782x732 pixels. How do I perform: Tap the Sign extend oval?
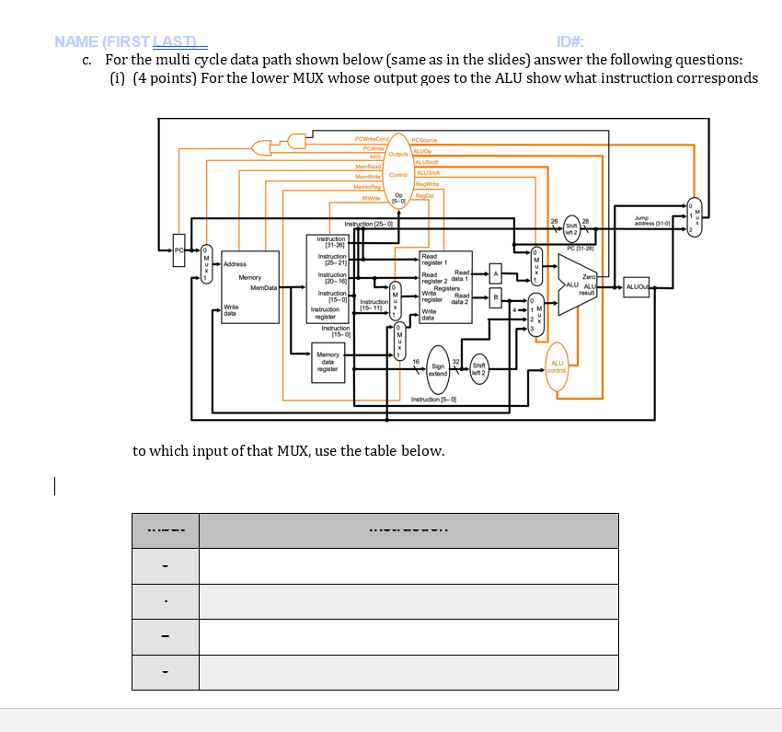pyautogui.click(x=438, y=370)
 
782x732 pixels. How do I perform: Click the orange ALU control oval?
pyautogui.click(x=557, y=367)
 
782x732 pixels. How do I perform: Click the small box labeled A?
pyautogui.click(x=495, y=273)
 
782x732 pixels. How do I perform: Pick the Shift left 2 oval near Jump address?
pyautogui.click(x=572, y=226)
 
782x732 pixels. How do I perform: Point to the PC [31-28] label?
pyautogui.click(x=582, y=249)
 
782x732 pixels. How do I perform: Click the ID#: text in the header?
pyautogui.click(x=570, y=41)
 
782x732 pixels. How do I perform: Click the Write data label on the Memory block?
pyautogui.click(x=231, y=309)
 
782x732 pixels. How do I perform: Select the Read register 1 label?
pyautogui.click(x=434, y=260)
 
